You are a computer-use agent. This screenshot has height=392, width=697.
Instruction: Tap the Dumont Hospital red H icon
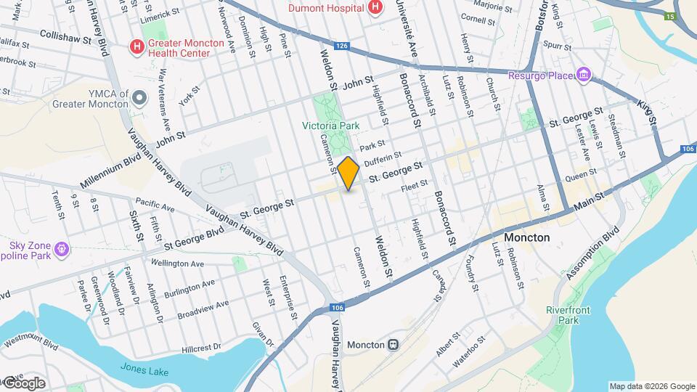point(375,8)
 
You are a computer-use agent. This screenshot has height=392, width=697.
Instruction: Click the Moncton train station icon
point(393,344)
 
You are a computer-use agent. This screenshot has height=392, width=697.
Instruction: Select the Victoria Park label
point(331,126)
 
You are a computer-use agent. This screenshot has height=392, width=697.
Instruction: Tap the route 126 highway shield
point(343,46)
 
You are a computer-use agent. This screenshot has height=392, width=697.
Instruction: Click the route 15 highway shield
point(669,16)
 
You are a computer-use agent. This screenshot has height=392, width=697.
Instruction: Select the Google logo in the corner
point(23,383)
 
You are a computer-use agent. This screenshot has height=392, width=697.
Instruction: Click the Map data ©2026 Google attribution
point(651,386)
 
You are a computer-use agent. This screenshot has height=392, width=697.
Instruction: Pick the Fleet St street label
point(415,187)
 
